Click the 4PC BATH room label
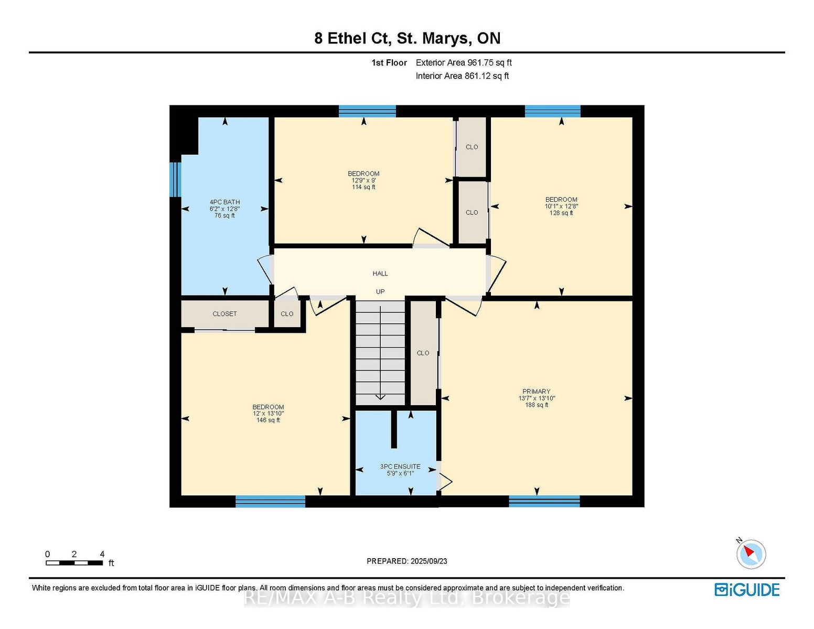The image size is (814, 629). coord(224,202)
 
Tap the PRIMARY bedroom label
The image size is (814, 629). coord(537,392)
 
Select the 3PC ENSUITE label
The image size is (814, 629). coord(400,467)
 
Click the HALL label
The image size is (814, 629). coord(380,274)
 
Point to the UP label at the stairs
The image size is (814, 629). coord(380,291)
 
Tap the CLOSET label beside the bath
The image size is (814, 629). coord(224,314)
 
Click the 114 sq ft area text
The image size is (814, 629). coord(363,187)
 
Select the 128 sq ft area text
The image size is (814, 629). coord(561,213)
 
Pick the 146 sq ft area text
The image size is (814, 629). coord(268,420)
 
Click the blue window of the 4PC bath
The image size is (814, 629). coord(175,180)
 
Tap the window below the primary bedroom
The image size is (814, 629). coord(544,501)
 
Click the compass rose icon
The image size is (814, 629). coord(751,554)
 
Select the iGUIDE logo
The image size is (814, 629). coord(747,590)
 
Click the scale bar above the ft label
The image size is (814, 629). coord(74,563)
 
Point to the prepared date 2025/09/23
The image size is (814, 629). coord(429,561)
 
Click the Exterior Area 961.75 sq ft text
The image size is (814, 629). coord(464,63)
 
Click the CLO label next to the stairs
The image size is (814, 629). coord(423,353)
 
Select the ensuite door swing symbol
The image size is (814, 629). coord(445,482)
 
